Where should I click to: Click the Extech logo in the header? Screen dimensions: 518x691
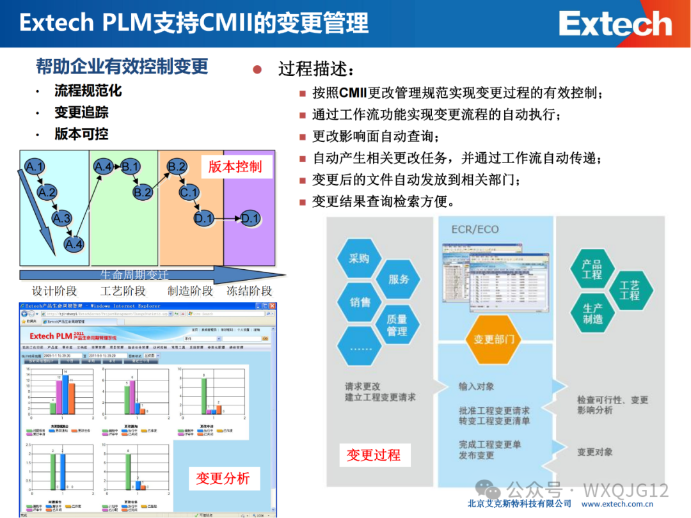coord(615,24)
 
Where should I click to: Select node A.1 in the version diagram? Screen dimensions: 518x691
coord(35,168)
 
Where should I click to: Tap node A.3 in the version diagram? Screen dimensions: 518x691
coord(61,219)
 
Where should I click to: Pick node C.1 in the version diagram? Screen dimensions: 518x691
coord(189,192)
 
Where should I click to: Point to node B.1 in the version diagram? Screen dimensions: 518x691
coord(131,168)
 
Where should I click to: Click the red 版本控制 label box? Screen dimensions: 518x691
coord(235,167)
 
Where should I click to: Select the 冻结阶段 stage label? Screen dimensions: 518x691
coord(250,291)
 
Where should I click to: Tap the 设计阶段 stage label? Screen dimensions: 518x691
coord(54,291)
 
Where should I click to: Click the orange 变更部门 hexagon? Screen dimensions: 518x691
coord(493,339)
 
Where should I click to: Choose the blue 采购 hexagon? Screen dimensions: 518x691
coord(359,259)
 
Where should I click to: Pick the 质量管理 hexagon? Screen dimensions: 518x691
coord(397,325)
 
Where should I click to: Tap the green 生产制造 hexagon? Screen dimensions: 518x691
coord(592,313)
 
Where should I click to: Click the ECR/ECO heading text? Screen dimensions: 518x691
coord(475,229)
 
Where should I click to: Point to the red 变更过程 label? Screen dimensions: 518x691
coord(374,455)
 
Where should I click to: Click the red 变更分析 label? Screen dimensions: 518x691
coord(223,478)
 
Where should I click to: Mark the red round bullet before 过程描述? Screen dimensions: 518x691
coord(258,69)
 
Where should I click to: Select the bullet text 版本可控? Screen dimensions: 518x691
coord(81,134)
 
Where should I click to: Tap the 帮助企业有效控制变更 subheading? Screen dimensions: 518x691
coord(122,66)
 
